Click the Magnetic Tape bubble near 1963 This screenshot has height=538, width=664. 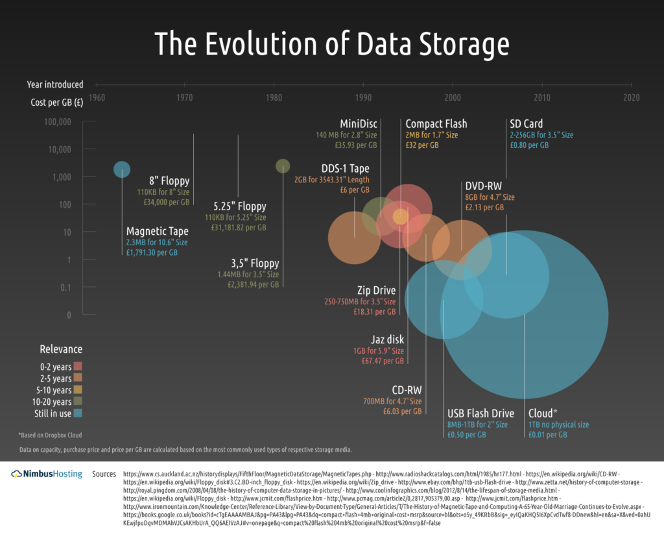[122, 169]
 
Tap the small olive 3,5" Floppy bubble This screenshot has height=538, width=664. [283, 166]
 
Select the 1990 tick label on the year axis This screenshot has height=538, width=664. [364, 98]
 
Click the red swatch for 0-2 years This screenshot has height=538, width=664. [77, 367]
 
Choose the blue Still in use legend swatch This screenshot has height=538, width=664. [77, 413]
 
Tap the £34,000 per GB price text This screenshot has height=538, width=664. [167, 202]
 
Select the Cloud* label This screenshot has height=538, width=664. [542, 413]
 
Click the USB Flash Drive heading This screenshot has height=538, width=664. [480, 413]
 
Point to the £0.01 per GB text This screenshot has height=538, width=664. [548, 435]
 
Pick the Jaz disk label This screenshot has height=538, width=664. [387, 339]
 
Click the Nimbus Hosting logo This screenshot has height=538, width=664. [47, 474]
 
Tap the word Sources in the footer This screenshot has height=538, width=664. [104, 474]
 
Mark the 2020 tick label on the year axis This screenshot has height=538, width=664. [631, 98]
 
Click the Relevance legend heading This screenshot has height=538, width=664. [61, 348]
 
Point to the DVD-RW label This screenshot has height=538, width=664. [483, 186]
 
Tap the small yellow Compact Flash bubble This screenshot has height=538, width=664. [401, 216]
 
